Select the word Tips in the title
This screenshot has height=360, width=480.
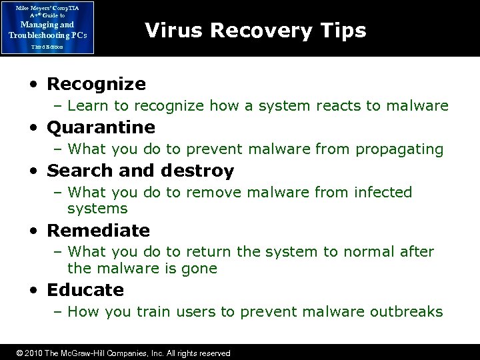343,31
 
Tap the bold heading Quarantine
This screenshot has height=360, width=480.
101,127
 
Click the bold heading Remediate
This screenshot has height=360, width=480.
98,231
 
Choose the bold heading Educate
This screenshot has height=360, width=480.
85,290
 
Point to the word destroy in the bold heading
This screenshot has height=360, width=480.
198,171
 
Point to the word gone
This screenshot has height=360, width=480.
202,268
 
